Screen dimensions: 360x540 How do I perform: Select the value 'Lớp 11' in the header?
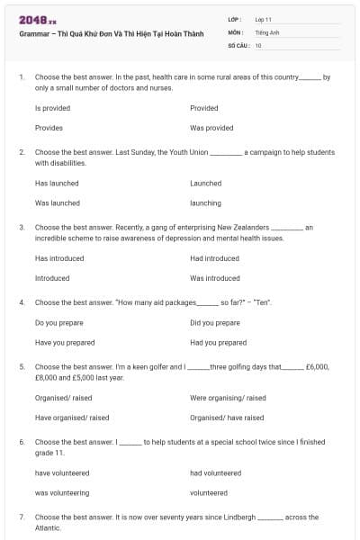click(264, 19)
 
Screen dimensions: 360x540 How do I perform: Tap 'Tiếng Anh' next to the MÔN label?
click(267, 31)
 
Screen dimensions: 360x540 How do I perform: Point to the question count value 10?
click(258, 44)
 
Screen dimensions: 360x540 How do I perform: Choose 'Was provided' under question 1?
click(211, 128)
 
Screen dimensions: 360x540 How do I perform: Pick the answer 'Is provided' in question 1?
click(52, 108)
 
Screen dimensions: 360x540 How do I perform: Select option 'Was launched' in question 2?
click(58, 202)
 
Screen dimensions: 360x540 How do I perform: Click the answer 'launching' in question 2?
click(205, 202)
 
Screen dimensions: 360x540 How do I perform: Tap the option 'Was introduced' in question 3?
click(215, 278)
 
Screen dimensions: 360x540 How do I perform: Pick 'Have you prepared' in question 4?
click(65, 342)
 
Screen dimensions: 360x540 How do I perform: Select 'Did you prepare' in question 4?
click(215, 322)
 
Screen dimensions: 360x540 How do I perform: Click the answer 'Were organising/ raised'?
click(228, 397)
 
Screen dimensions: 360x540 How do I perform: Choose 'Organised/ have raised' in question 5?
click(227, 417)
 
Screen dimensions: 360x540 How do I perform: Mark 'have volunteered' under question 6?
click(62, 472)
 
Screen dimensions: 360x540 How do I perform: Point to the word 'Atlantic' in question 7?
click(48, 527)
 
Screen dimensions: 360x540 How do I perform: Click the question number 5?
click(22, 367)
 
